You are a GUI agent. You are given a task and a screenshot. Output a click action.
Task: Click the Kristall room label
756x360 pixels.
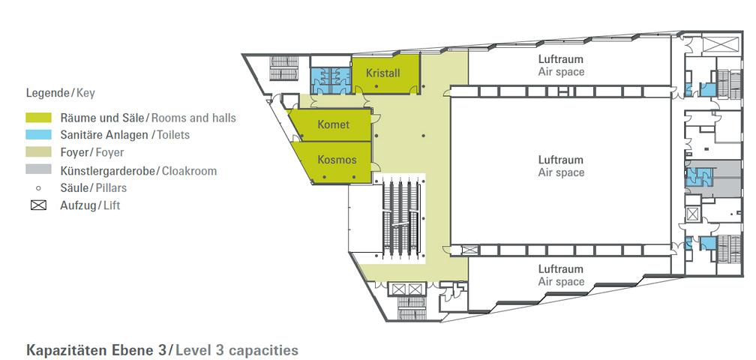[x=382, y=73]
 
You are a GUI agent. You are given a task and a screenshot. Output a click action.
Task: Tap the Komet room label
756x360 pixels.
[x=333, y=124]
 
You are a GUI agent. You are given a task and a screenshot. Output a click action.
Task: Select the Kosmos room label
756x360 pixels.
[x=337, y=159]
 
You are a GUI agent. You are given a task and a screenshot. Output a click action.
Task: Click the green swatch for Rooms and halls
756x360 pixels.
[x=38, y=117]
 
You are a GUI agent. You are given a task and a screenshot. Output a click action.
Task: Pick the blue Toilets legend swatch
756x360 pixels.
[x=38, y=135]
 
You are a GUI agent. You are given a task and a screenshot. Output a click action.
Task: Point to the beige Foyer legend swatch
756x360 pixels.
[x=38, y=152]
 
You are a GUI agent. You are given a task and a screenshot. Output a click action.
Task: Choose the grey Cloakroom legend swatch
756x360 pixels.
[x=38, y=169]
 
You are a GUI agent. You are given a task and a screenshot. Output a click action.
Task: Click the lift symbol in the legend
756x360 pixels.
[x=38, y=205]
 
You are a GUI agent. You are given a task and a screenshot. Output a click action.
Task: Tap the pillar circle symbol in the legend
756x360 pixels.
[x=38, y=188]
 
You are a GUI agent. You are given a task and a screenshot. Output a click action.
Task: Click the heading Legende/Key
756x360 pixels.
[x=60, y=93]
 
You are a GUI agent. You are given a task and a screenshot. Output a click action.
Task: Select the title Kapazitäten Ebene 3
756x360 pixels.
[x=97, y=349]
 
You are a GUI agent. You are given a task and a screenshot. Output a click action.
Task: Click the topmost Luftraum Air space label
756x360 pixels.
[x=561, y=65]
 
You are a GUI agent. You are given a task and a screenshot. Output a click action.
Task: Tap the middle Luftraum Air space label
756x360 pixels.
[x=561, y=166]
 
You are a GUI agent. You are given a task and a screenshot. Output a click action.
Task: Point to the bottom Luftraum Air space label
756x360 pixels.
[x=561, y=275]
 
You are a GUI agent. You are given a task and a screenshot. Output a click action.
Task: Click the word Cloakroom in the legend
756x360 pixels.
[x=189, y=170]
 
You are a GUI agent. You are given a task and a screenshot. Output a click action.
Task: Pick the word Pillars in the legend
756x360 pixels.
[x=111, y=188]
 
